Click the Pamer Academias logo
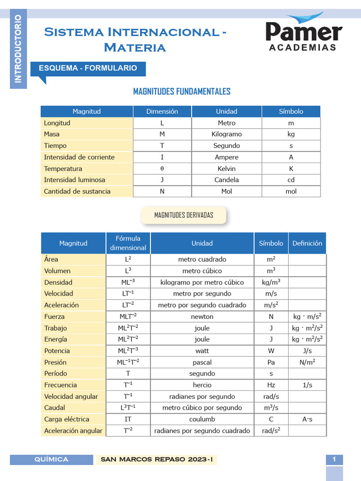304,32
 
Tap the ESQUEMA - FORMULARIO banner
88,68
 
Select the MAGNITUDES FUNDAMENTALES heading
182,92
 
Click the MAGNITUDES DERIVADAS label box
184,215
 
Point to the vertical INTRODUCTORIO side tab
18,49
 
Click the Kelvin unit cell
227,169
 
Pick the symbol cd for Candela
291,180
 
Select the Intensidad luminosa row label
74,180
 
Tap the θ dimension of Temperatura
162,169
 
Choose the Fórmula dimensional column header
128,243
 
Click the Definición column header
307,243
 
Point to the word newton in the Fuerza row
202,317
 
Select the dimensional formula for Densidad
128,282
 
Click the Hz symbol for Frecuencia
271,385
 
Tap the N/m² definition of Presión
307,362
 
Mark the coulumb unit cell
202,419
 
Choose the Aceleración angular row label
73,431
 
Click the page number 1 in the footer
334,460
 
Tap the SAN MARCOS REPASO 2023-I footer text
157,460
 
